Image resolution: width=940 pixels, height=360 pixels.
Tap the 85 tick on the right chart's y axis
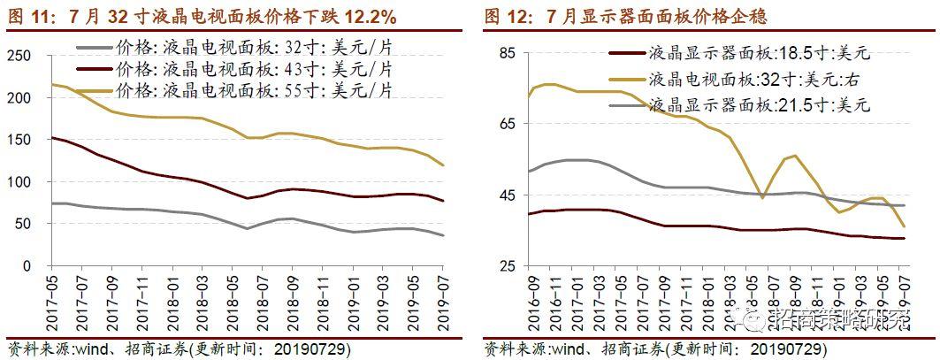point(506,54)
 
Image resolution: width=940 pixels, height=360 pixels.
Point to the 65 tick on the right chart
point(506,125)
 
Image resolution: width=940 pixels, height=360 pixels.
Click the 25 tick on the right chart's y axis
point(506,266)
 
